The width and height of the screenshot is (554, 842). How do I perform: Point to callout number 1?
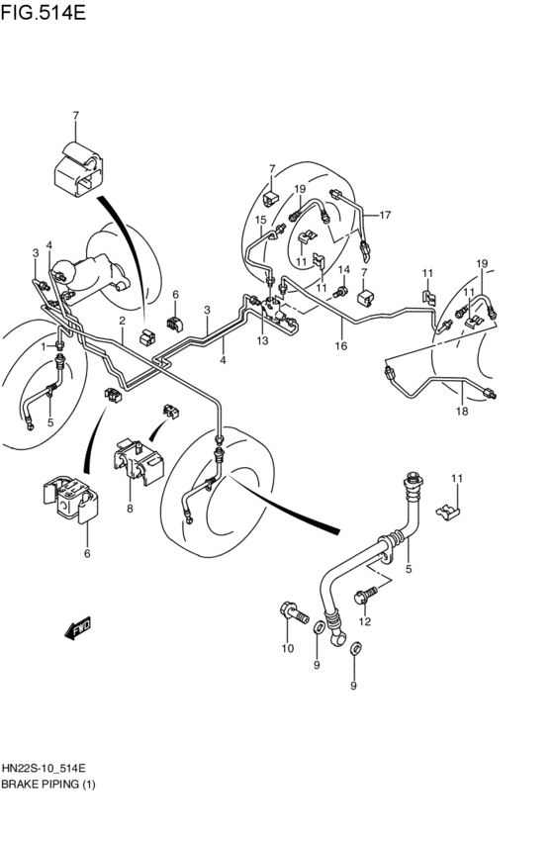point(44,347)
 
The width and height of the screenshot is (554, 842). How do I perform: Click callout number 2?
point(123,321)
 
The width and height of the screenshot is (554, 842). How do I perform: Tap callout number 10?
point(288,648)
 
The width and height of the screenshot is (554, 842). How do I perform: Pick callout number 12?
point(364,621)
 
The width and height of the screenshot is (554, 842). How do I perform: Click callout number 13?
point(262,340)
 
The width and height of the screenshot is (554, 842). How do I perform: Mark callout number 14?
point(344,270)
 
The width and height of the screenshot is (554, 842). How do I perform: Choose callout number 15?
point(261,220)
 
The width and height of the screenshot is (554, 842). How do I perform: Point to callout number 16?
point(340,345)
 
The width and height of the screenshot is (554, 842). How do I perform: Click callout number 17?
point(386,215)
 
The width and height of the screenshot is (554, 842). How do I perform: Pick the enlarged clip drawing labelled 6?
point(71,500)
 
